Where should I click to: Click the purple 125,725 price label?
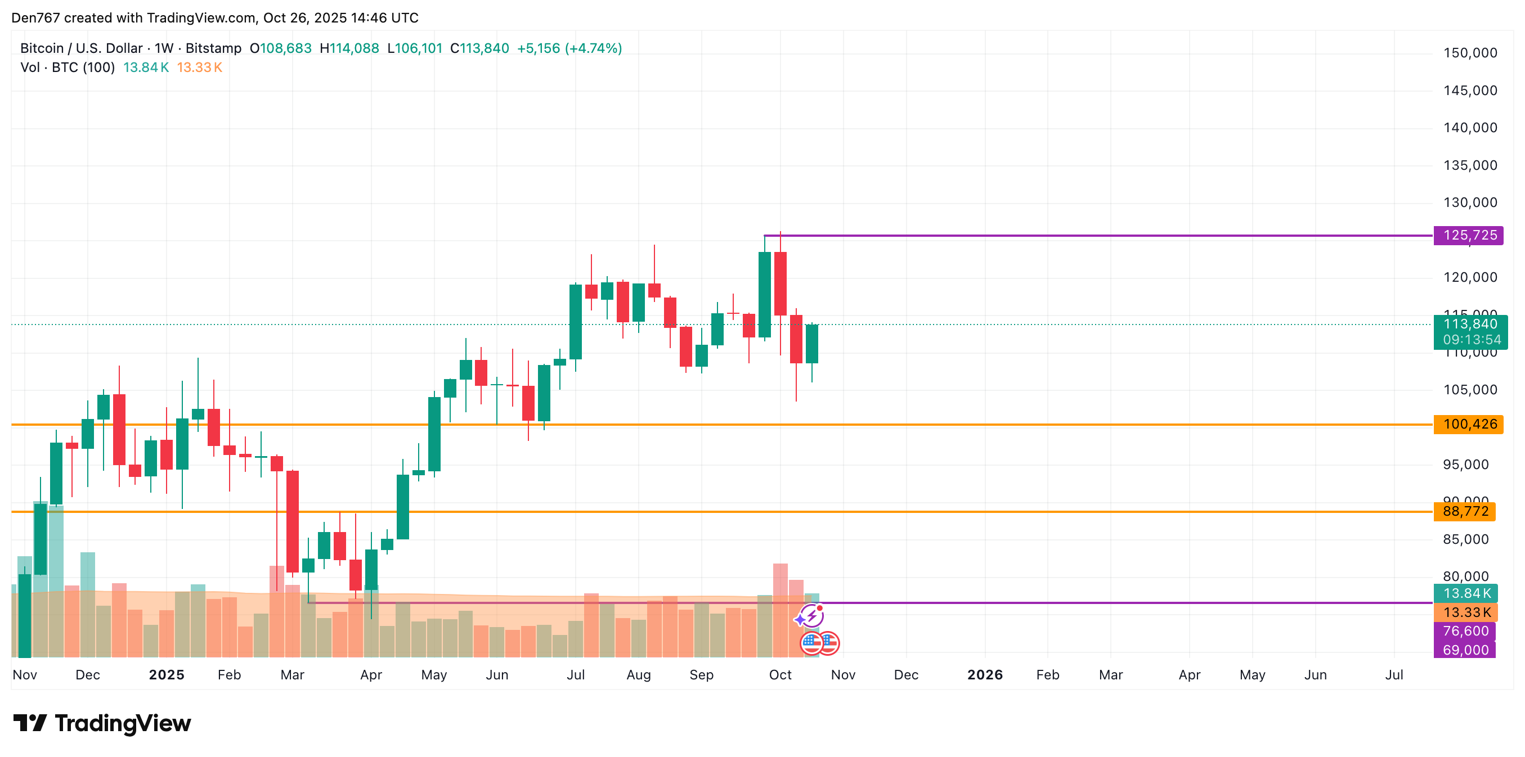1469,236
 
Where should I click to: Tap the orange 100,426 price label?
1469,425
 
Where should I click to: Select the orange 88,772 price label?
1465,511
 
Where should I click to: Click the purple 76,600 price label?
1465,632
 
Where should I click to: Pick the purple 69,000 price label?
1465,650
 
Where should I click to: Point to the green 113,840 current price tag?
1469,325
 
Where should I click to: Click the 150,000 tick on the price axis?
1470,53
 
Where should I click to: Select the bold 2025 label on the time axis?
167,675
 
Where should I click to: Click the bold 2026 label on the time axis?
985,675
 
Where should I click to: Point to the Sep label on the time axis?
701,675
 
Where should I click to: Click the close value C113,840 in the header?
479,48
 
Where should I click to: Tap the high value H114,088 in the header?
349,48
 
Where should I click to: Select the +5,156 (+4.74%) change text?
569,48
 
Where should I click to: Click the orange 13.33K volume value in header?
200,67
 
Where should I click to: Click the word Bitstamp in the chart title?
213,48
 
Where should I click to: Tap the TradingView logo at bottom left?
102,723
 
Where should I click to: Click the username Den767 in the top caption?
35,18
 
